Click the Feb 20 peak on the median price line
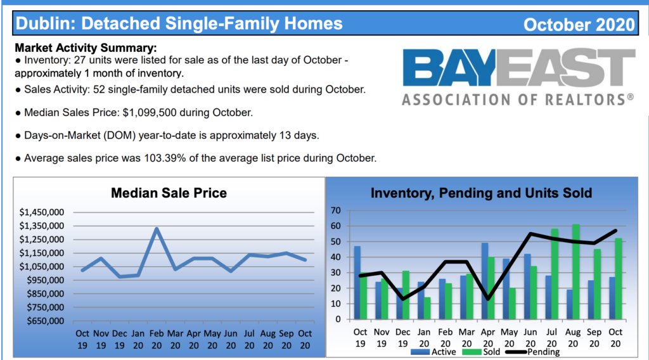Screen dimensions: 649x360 157,228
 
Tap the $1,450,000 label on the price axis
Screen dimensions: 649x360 42,212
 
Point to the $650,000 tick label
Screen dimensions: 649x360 46,321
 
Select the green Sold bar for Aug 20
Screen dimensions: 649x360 575,272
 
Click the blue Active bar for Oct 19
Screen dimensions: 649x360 357,283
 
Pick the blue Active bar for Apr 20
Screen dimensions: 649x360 485,281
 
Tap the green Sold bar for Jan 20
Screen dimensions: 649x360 427,308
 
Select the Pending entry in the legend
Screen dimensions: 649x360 532,352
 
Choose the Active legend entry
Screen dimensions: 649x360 434,352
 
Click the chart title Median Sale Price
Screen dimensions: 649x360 169,193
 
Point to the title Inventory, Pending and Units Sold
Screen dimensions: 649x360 482,193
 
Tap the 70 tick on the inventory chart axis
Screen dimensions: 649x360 336,210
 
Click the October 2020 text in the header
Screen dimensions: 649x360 579,25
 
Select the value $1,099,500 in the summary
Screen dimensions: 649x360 150,113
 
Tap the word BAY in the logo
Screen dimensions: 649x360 449,67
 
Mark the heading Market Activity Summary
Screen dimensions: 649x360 86,48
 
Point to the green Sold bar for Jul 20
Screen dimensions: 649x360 555,274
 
